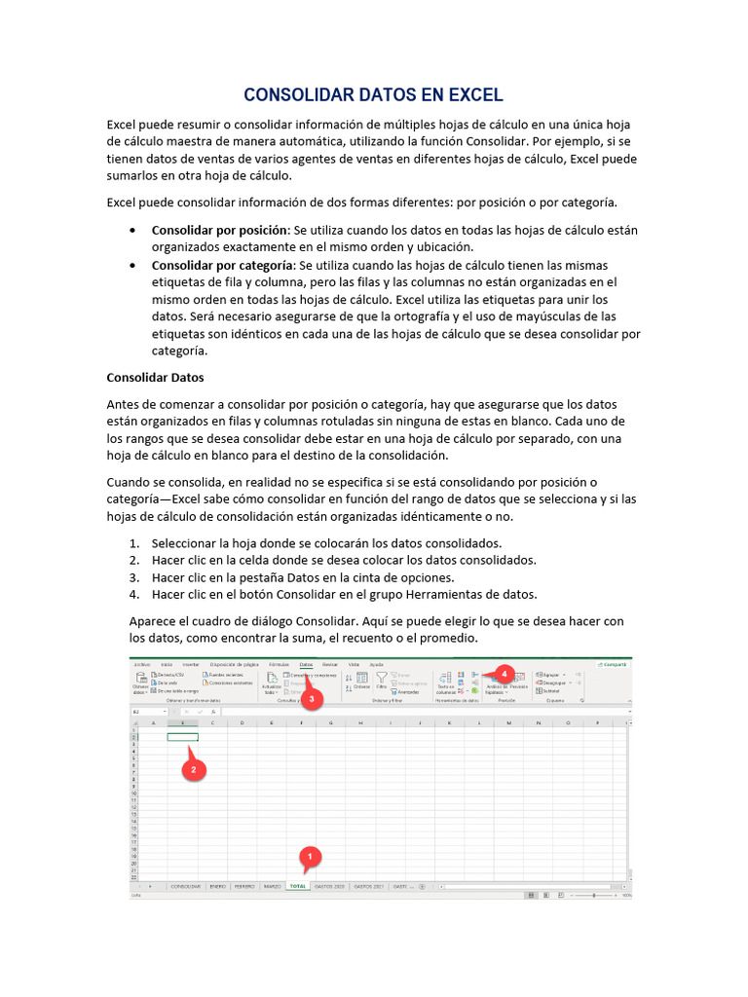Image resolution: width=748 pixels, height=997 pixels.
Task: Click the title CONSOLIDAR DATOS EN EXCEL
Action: coord(373,94)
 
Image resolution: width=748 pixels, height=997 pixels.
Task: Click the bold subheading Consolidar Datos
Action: coord(155,377)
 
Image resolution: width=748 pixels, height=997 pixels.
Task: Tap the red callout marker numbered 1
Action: coord(310,857)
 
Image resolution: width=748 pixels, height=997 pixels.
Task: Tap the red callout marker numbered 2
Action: coord(193,769)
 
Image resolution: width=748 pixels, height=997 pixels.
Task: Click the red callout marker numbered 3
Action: coord(311,698)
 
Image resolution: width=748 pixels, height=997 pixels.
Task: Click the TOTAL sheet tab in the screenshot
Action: coord(297,887)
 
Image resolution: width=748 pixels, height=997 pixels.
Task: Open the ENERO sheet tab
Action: coord(218,887)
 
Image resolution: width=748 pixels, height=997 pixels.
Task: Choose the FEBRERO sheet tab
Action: coord(244,887)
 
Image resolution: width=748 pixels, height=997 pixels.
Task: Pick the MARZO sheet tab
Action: coord(272,887)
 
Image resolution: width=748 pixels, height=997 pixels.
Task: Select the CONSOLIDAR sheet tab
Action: coord(185,887)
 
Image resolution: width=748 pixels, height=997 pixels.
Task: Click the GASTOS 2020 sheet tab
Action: coord(329,887)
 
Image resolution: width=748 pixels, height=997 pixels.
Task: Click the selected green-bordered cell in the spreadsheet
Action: coord(182,737)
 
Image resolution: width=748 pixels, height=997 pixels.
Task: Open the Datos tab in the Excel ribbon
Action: coord(306,664)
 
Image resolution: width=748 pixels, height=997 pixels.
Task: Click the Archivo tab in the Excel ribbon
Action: coord(142,664)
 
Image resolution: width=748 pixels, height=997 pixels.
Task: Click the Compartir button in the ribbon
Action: coord(613,664)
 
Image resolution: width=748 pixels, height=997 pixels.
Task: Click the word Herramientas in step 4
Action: coord(430,594)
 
